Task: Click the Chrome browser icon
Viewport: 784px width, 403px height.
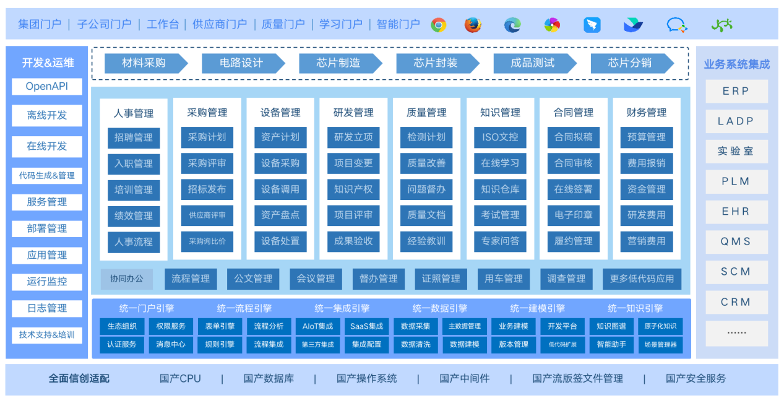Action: (439, 25)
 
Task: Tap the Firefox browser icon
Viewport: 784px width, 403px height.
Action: (473, 25)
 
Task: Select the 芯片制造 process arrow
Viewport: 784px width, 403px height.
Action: (338, 63)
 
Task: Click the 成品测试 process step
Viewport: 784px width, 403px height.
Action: (532, 63)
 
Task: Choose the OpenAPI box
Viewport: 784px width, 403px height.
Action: (47, 87)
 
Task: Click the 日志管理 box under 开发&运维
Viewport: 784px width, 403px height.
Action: (47, 308)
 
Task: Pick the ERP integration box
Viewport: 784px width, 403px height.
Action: (736, 91)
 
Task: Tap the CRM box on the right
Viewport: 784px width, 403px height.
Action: (736, 302)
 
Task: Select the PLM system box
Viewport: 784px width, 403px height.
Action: (736, 181)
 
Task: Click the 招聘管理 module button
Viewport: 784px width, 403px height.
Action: (134, 137)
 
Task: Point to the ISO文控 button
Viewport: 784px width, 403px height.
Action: (500, 137)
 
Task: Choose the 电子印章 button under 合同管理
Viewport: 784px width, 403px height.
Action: (574, 215)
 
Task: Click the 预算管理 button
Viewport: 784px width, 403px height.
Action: (647, 137)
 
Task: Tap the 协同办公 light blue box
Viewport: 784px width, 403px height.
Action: (127, 279)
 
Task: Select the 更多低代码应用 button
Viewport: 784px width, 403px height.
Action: (642, 279)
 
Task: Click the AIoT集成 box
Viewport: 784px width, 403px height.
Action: (318, 326)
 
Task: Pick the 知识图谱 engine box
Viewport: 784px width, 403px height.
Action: (611, 326)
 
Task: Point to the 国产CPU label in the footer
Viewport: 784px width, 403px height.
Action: (180, 378)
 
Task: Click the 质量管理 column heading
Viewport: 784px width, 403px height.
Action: (427, 113)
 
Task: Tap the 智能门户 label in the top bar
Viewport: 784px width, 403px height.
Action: (398, 25)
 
